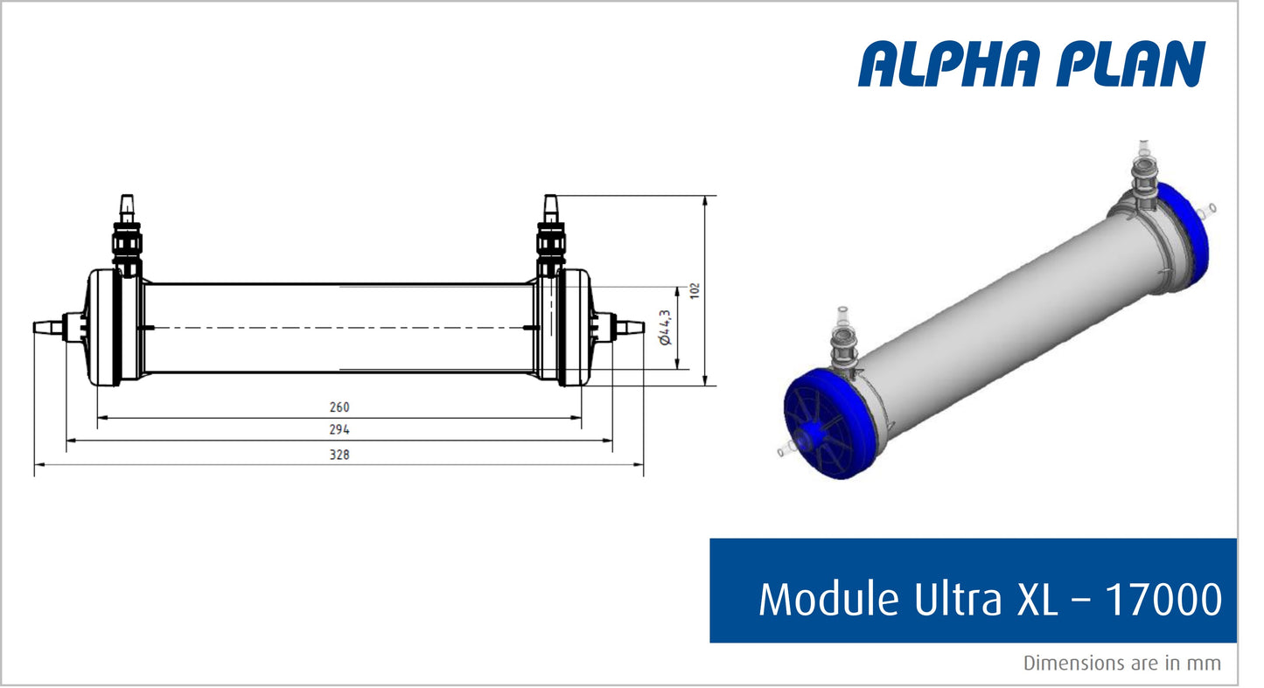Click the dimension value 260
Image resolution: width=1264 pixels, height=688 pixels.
[339, 407]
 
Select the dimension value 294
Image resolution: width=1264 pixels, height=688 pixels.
[339, 430]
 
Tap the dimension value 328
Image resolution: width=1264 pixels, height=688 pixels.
[339, 455]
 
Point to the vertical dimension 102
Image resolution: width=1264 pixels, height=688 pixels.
[695, 290]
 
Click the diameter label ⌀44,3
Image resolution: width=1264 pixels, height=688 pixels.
[666, 327]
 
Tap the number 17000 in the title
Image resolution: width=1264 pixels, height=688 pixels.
[1163, 600]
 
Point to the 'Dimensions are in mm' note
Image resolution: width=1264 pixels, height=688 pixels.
[1122, 664]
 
